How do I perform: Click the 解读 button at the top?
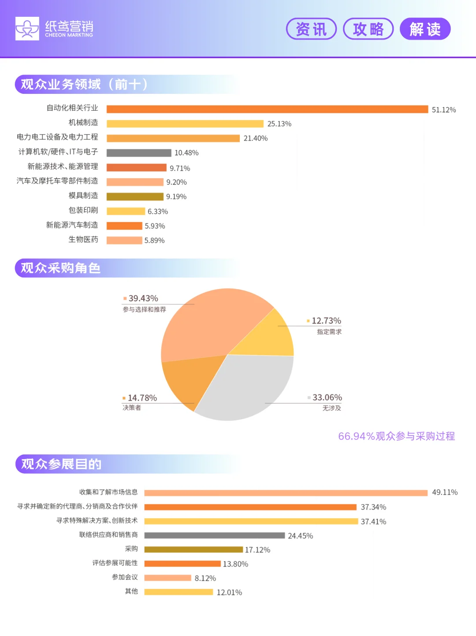tap(425, 29)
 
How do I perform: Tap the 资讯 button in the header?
tap(311, 29)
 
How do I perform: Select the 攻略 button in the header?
tap(368, 29)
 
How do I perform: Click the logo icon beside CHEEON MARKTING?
tap(27, 29)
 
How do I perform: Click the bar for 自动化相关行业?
tap(267, 109)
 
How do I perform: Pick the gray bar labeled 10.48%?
tap(139, 153)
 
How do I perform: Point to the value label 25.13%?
tap(279, 124)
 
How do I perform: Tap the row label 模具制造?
tap(83, 196)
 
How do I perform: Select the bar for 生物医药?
tap(124, 240)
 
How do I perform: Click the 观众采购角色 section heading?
tap(61, 268)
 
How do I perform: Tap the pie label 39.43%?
tap(143, 298)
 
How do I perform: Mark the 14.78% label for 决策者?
tap(142, 398)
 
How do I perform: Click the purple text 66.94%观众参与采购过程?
tap(396, 436)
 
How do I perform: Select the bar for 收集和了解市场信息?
tap(286, 493)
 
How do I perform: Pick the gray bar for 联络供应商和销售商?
tap(214, 536)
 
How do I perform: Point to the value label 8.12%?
tap(205, 578)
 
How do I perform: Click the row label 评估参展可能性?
tap(115, 563)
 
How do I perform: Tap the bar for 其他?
tap(178, 592)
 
